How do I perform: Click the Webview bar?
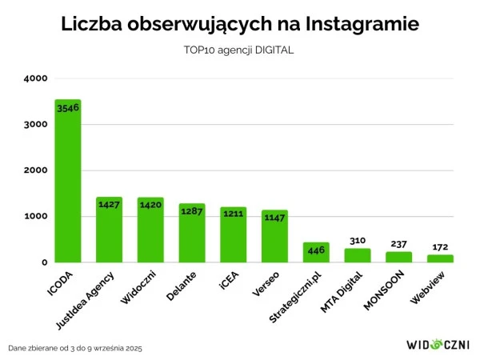440,258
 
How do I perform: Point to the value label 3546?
68,108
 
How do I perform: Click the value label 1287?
192,213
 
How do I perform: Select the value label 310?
358,240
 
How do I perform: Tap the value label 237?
398,244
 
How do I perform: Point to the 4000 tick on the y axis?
36,78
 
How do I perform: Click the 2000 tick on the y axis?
36,170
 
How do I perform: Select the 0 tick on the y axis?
45,262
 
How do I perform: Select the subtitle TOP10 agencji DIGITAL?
239,50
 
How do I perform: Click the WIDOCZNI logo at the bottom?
437,345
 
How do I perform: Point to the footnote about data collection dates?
75,349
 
